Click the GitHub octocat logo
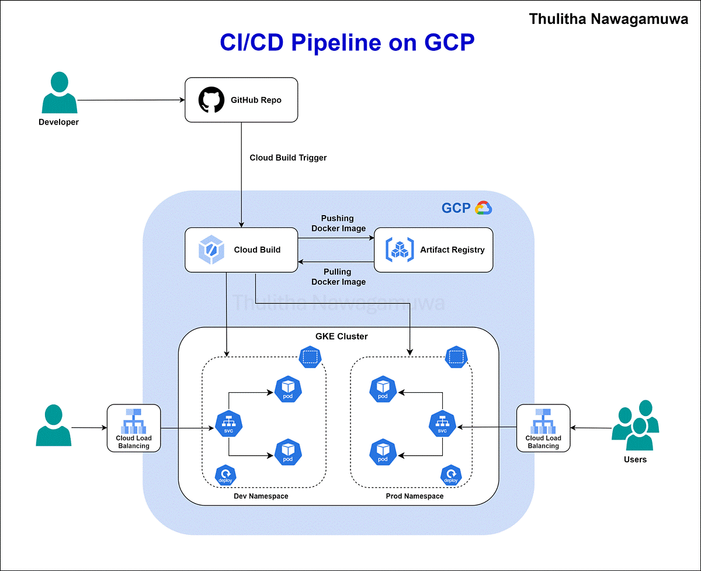coord(211,100)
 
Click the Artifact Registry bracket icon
coord(400,250)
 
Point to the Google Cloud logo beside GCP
coord(484,208)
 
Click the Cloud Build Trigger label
coord(288,158)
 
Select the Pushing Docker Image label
coord(338,223)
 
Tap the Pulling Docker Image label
coord(338,276)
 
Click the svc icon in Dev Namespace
coord(228,424)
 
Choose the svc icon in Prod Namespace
coord(442,424)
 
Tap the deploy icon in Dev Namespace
coord(225,474)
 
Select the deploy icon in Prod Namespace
coord(450,474)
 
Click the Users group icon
coord(635,425)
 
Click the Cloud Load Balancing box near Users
coord(543,428)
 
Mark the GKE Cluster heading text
coord(342,337)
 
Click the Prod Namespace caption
coord(414,496)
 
